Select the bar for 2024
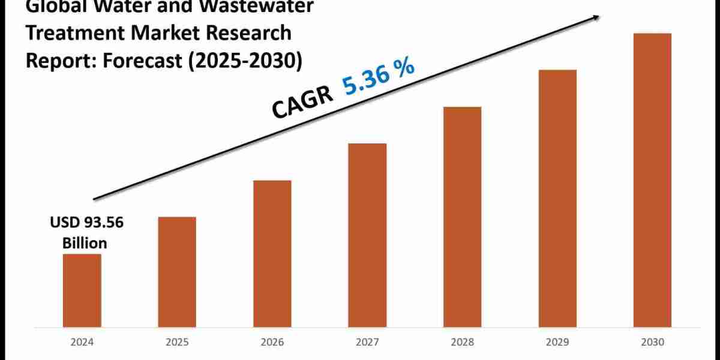click(82, 291)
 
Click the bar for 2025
click(177, 272)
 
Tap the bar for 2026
click(272, 254)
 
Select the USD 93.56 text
click(86, 224)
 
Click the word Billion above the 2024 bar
click(86, 243)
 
